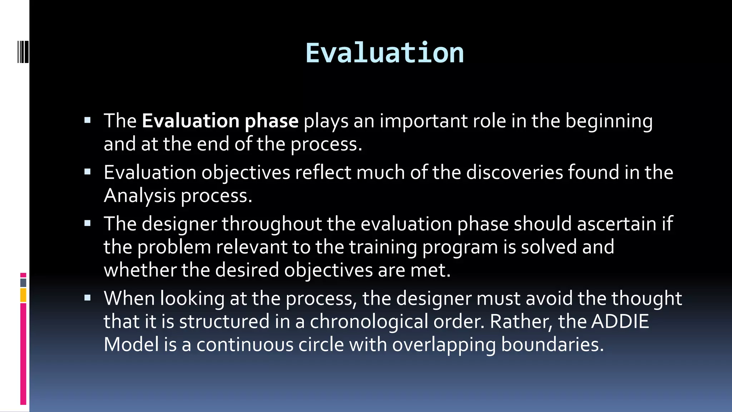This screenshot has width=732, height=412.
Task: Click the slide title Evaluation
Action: [x=385, y=53]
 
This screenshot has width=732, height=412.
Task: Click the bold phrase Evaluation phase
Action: [x=220, y=121]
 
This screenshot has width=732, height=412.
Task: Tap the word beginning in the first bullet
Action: [x=609, y=122]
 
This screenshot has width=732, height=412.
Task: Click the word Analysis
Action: [x=139, y=196]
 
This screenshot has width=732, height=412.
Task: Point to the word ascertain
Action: [x=617, y=224]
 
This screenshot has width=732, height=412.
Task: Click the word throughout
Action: [x=272, y=225]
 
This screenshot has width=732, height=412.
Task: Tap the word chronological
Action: [x=369, y=322]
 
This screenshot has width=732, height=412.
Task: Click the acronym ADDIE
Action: [x=620, y=321]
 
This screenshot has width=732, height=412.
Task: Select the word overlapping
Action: [x=444, y=345]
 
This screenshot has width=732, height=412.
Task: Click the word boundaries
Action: [x=552, y=344]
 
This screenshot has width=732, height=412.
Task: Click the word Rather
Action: [x=521, y=322]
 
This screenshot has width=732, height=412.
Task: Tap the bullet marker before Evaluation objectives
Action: [x=88, y=172]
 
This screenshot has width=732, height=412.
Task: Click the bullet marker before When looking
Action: [x=88, y=298]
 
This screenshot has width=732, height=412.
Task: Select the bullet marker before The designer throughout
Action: [x=88, y=224]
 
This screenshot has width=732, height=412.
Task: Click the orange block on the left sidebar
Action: [x=23, y=295]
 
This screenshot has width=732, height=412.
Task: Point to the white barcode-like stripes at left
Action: [x=23, y=52]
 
